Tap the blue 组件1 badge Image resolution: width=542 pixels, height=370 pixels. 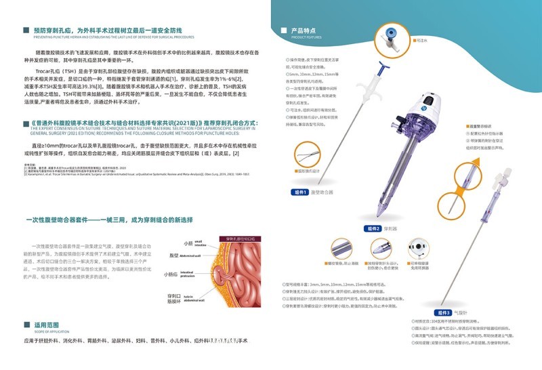click(299, 192)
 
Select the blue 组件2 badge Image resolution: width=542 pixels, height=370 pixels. click(373, 228)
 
